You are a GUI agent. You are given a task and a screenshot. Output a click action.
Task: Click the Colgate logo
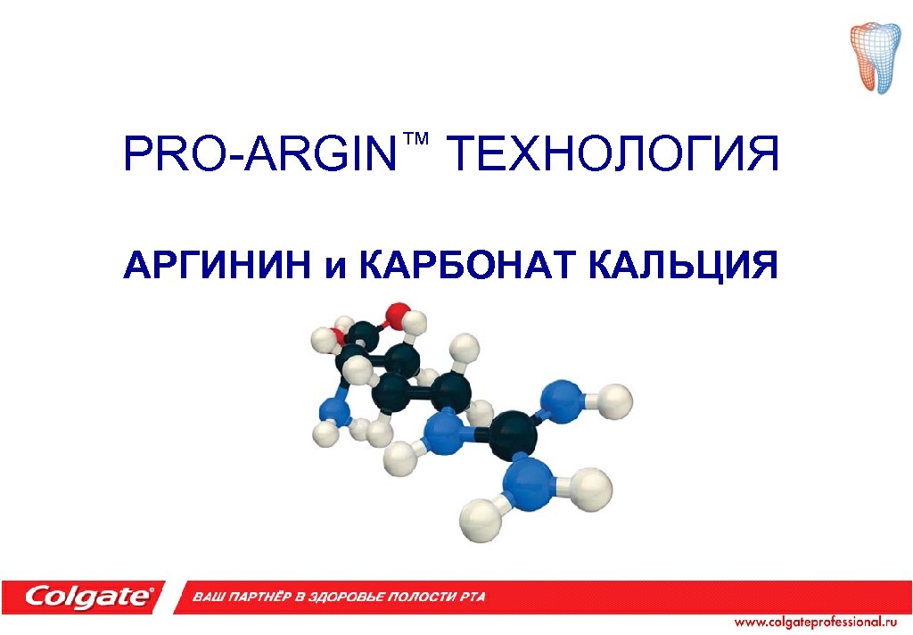tap(89, 596)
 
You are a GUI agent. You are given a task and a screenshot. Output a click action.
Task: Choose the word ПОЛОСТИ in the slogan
tap(419, 596)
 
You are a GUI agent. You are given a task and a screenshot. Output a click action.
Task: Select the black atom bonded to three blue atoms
tap(513, 434)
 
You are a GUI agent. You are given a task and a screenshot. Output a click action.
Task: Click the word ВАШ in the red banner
tap(210, 596)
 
